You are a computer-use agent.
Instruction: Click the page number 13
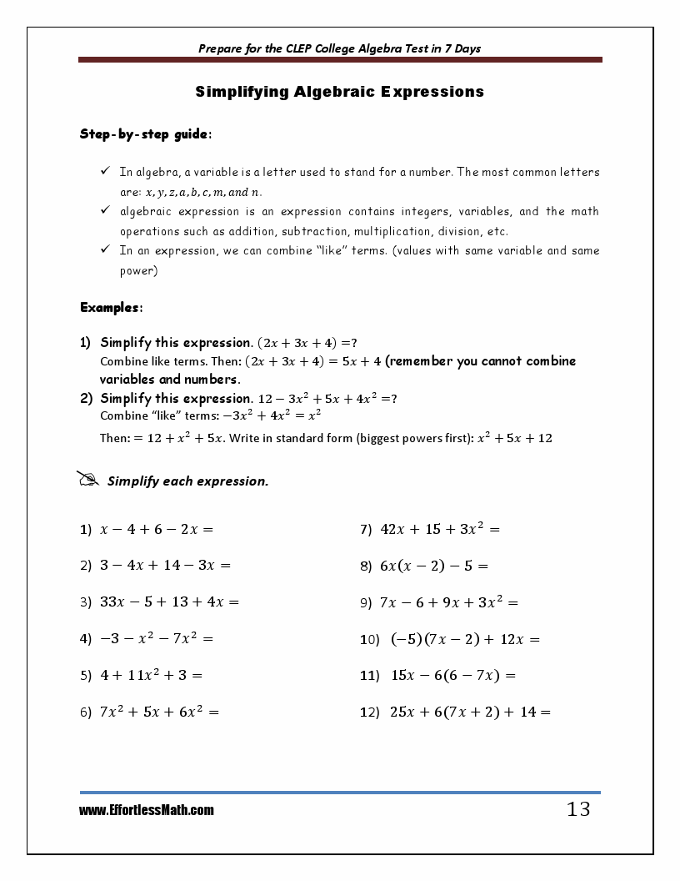577,809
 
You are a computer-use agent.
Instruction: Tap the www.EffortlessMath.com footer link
147,810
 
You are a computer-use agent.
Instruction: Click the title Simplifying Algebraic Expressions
339,92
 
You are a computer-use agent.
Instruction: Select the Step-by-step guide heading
145,133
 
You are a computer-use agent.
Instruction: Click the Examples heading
111,308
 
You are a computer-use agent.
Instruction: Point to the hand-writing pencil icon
87,480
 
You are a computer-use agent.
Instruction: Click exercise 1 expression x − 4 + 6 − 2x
157,529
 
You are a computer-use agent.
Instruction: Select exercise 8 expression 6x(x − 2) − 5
433,566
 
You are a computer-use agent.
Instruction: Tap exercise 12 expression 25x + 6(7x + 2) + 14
470,712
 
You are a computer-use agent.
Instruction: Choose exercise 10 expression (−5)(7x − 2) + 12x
465,640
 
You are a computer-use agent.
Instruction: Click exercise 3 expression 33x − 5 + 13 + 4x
169,602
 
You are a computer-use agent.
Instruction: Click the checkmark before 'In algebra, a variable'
105,172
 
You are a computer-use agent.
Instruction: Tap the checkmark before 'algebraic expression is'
105,211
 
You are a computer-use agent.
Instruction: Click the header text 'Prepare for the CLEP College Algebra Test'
339,48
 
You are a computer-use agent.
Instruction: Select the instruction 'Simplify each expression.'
187,481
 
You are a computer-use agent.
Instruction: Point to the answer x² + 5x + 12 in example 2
514,438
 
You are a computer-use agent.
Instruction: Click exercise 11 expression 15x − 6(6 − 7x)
453,676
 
